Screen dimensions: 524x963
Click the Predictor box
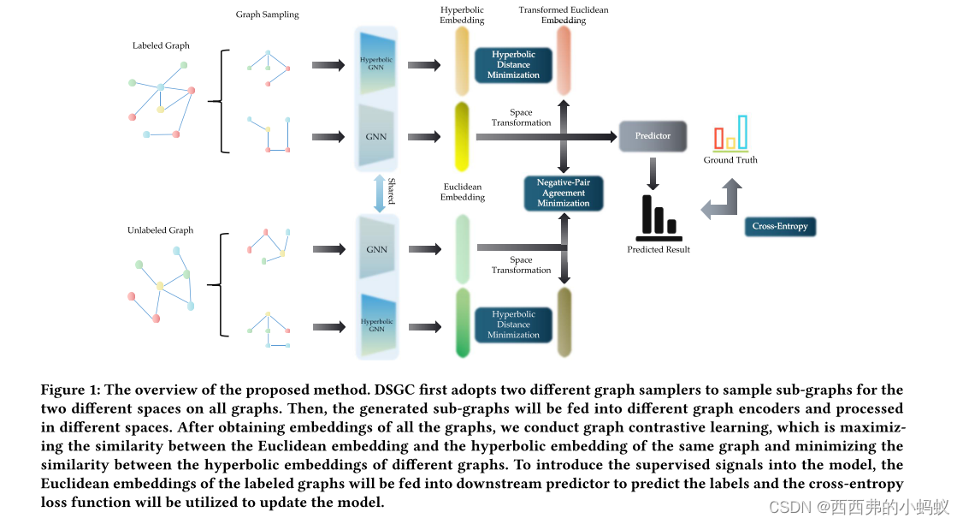click(653, 136)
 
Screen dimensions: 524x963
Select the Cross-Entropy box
click(780, 227)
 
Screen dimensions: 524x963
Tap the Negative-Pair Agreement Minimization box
click(564, 194)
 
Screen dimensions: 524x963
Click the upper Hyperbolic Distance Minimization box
click(513, 65)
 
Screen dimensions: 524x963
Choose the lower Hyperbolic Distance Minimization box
click(513, 325)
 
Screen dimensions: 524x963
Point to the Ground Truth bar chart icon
click(730, 134)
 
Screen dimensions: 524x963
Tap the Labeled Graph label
click(161, 45)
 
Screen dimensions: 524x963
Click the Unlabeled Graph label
click(160, 230)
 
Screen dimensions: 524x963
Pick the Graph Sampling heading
click(268, 15)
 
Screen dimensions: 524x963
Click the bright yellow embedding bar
click(462, 137)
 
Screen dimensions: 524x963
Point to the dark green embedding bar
click(463, 323)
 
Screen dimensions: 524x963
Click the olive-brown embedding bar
click(564, 323)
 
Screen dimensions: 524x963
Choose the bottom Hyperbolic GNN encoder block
click(376, 324)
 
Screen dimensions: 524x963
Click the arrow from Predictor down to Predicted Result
click(653, 172)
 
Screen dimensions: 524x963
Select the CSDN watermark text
click(859, 507)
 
